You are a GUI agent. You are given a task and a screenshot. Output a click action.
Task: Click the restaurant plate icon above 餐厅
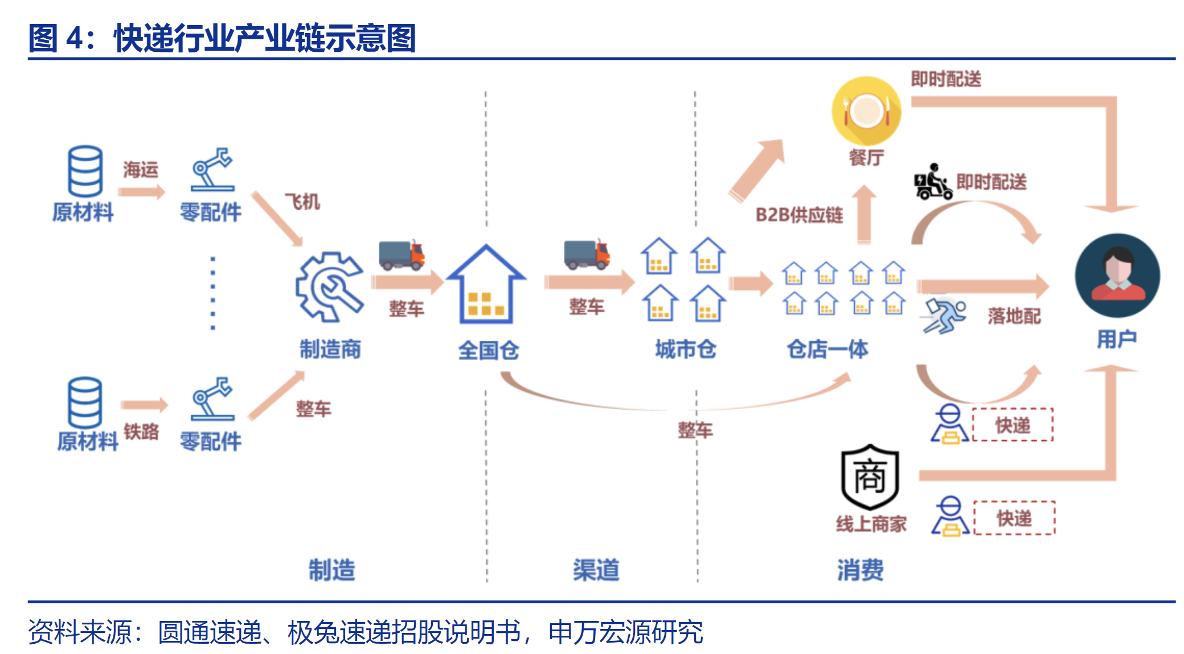[x=866, y=111]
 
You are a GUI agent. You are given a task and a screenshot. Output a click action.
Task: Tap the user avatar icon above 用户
[x=1117, y=275]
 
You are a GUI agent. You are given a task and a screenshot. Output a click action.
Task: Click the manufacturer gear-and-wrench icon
[x=329, y=286]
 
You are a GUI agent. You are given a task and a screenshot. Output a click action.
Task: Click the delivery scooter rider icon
[x=933, y=182]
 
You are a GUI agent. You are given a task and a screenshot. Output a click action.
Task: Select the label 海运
[x=140, y=169]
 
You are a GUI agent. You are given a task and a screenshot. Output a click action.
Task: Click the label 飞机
[x=302, y=201]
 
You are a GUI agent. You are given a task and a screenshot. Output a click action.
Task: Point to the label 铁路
[x=141, y=431]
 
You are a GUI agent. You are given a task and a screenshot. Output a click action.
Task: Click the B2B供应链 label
[x=798, y=215]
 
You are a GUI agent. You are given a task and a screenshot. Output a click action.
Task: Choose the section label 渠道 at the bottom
[x=596, y=569]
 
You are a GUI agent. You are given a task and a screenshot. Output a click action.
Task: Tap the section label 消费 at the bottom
[x=860, y=569]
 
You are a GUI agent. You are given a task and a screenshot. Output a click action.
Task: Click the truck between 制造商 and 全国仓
[x=402, y=255]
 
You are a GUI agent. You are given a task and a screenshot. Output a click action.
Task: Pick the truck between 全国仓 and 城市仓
[x=587, y=254]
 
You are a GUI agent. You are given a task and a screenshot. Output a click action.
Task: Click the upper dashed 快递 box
[x=1013, y=425]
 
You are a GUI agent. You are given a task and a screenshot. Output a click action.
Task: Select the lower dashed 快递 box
[x=1014, y=518]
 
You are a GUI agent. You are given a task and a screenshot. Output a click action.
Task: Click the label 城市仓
[x=686, y=349]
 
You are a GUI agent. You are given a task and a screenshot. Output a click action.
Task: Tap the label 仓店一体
[x=827, y=349]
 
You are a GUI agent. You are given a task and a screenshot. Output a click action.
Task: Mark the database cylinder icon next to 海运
[x=85, y=171]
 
